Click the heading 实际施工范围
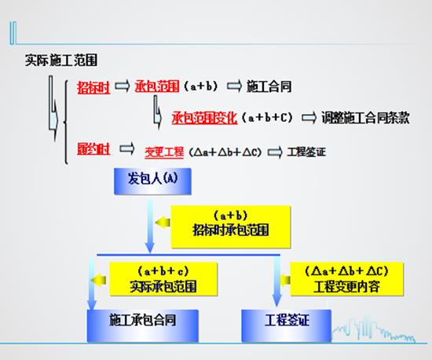click(x=61, y=61)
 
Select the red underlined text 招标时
click(x=93, y=87)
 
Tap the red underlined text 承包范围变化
click(x=204, y=118)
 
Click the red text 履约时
click(x=93, y=149)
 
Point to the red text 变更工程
click(x=164, y=152)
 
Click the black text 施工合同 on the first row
click(x=269, y=86)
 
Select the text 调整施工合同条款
click(x=365, y=118)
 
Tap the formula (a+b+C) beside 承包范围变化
click(x=267, y=118)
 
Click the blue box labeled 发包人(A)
click(x=152, y=181)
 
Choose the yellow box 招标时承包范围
click(x=231, y=227)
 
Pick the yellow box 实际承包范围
click(x=163, y=279)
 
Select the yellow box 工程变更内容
click(x=347, y=279)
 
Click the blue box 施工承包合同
click(x=143, y=325)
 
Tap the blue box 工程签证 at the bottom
click(x=287, y=325)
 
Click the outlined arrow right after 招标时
click(x=122, y=86)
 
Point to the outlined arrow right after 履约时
click(x=127, y=149)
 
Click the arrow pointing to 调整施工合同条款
click(x=309, y=118)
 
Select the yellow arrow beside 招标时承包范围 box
click(x=163, y=222)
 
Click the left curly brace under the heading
click(x=66, y=122)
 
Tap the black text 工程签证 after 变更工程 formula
click(x=306, y=152)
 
